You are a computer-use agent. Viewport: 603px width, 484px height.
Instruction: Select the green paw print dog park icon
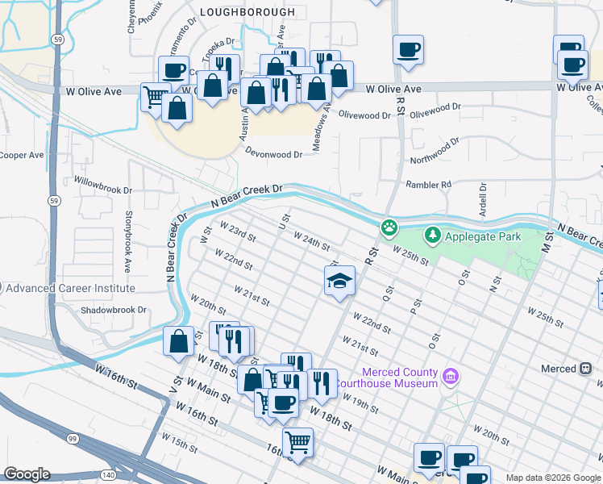389,227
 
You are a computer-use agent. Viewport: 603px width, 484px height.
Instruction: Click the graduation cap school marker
339,281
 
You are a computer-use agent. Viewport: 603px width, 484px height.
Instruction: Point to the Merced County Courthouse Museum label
400,378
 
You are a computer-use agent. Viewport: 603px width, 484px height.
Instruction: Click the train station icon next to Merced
586,369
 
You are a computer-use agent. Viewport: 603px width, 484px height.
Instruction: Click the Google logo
27,474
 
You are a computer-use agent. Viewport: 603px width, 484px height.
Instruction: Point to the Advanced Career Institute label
72,288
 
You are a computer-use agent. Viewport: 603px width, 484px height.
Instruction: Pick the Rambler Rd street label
429,185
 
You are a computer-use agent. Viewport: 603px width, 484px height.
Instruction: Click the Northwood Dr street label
434,151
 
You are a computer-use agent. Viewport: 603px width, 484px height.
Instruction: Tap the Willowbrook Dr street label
102,185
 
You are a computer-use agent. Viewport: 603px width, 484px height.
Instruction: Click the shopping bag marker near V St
178,341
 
